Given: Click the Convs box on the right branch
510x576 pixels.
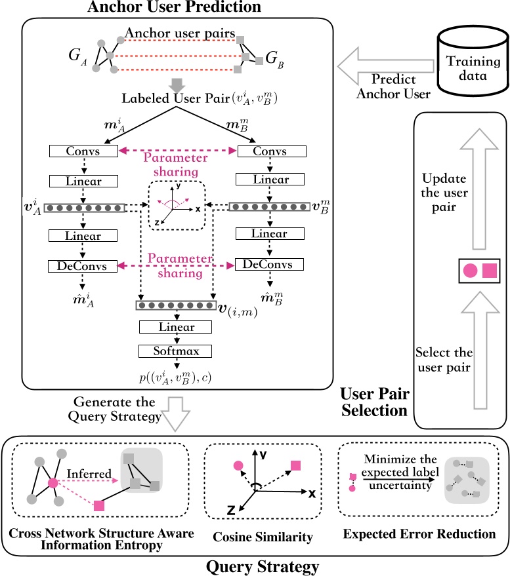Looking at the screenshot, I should [271, 151].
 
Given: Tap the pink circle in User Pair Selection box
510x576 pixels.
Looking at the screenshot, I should [470, 270].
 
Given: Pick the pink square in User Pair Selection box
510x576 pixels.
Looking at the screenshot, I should [489, 270].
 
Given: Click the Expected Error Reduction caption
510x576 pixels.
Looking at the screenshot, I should [419, 534].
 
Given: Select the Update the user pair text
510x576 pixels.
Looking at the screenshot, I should [444, 193].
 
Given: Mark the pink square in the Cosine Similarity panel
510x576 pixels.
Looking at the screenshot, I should [295, 465].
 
